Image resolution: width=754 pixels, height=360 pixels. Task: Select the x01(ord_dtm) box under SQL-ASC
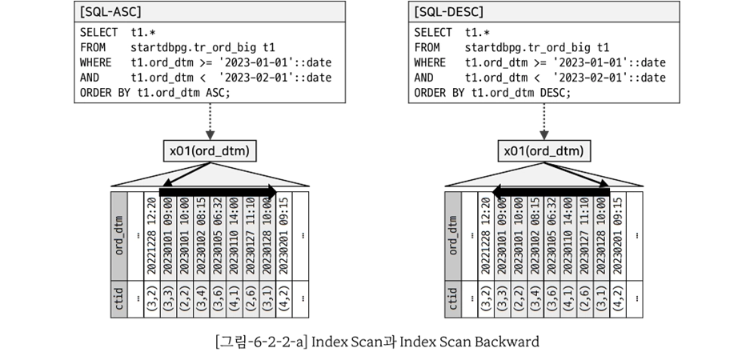point(210,151)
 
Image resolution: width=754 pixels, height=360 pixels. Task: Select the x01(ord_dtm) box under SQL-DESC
point(543,151)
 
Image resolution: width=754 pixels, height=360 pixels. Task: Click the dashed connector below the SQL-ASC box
point(210,122)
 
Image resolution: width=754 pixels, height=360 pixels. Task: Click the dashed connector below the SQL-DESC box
point(543,122)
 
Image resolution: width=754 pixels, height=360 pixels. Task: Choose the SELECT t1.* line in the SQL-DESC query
point(451,33)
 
